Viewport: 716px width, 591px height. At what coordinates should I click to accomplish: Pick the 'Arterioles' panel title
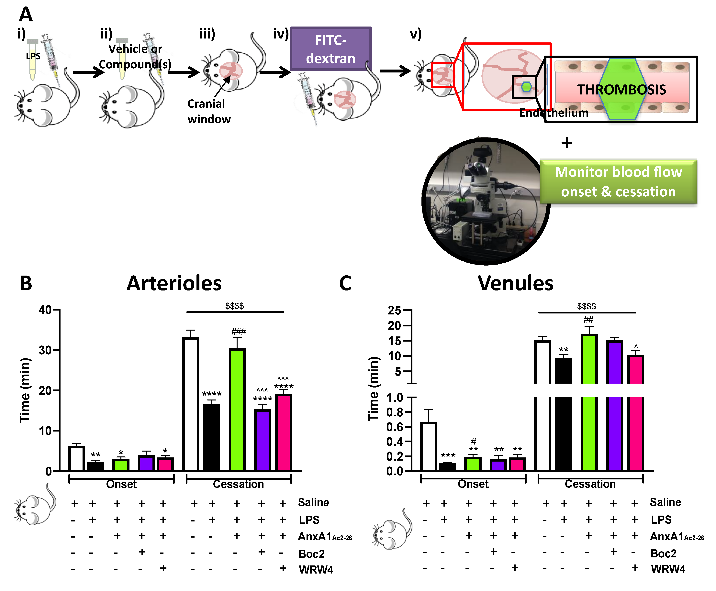[174, 283]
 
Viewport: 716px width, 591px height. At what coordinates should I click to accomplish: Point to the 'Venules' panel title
[515, 283]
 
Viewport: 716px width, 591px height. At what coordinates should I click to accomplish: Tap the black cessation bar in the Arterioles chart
[212, 437]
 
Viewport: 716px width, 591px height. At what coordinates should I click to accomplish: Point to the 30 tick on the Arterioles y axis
[46, 350]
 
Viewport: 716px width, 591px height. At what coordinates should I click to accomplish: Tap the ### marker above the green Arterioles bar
[239, 331]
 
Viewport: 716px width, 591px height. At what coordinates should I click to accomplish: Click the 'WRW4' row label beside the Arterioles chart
[316, 569]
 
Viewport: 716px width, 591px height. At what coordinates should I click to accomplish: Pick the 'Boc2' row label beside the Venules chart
[663, 553]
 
